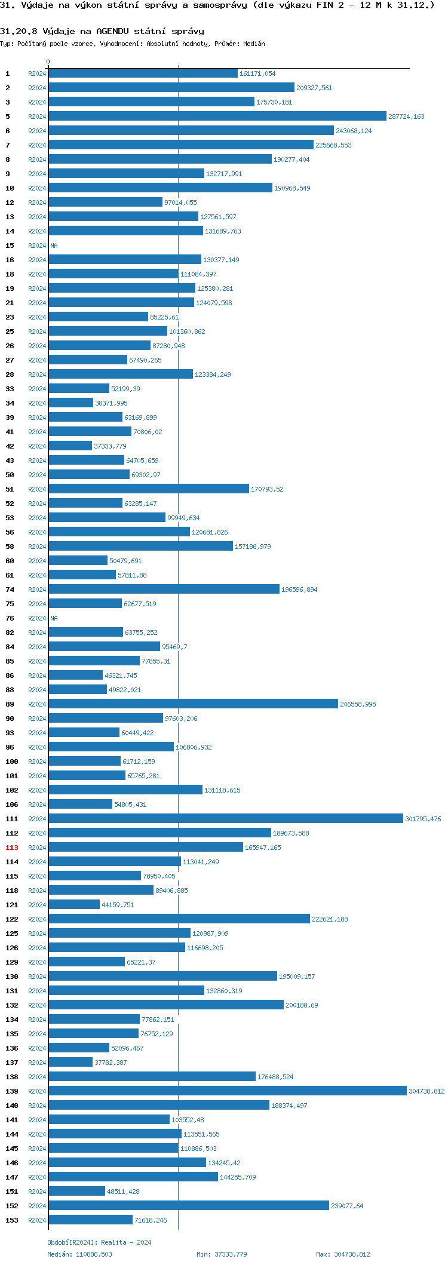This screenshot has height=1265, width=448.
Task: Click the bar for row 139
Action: pyautogui.click(x=228, y=1091)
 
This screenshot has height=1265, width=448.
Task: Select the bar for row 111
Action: pyautogui.click(x=226, y=819)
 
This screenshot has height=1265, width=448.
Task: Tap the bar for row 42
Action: pyautogui.click(x=70, y=446)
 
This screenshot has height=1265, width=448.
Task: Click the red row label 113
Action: pyautogui.click(x=12, y=848)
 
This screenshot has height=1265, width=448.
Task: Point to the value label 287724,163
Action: pyautogui.click(x=406, y=116)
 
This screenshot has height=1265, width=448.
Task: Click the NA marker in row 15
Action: pyautogui.click(x=54, y=245)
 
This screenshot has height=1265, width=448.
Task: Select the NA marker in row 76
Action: pyautogui.click(x=54, y=618)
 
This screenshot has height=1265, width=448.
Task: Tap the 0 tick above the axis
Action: pyautogui.click(x=48, y=62)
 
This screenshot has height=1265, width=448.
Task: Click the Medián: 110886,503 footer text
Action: pyautogui.click(x=80, y=1254)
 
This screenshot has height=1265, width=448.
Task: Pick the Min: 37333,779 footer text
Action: pyautogui.click(x=222, y=1254)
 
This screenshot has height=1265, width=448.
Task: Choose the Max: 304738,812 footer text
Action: pyautogui.click(x=343, y=1254)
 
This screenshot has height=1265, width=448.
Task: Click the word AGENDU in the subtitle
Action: pyautogui.click(x=112, y=31)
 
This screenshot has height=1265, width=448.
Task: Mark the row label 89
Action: pyautogui.click(x=10, y=704)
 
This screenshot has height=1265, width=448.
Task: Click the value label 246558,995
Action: pyautogui.click(x=358, y=704)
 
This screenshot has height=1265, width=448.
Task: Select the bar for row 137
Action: pyautogui.click(x=70, y=1063)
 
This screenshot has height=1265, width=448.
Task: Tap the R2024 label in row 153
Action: pyautogui.click(x=37, y=1220)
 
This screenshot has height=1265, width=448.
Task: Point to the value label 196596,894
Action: pyautogui.click(x=299, y=589)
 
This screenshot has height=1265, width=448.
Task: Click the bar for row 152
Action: pyautogui.click(x=189, y=1206)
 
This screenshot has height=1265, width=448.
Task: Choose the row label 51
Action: pyautogui.click(x=10, y=489)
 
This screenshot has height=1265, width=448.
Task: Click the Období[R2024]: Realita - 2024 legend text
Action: pyautogui.click(x=99, y=1242)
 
